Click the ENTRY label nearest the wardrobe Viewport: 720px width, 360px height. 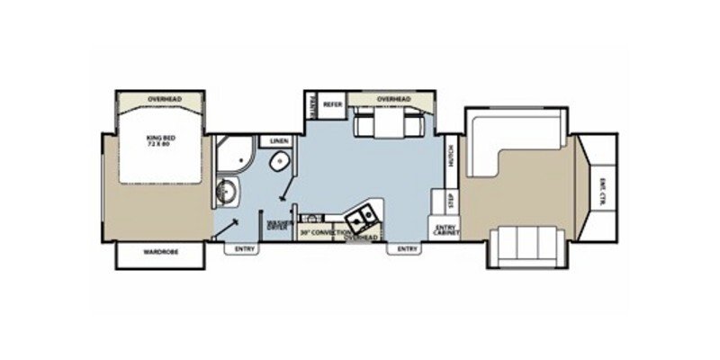[243, 249]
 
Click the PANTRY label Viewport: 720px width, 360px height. [310, 104]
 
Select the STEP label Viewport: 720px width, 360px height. [451, 199]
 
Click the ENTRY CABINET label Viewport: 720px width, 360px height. [445, 229]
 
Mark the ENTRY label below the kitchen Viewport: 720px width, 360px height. [406, 249]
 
